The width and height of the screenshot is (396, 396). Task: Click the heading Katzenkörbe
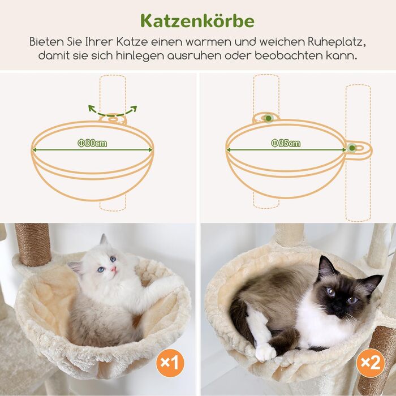(197, 21)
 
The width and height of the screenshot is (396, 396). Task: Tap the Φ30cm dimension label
(92, 143)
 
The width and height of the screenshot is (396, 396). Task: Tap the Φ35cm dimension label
(286, 143)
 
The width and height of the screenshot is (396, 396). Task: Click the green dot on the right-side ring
(352, 149)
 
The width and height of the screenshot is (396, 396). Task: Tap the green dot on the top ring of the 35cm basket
(268, 118)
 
